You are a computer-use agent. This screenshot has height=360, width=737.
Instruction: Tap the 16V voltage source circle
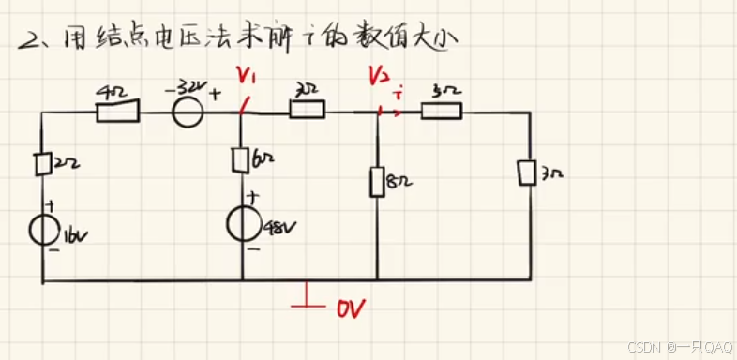[x=43, y=229]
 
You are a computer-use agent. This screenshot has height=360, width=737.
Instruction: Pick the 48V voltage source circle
[x=242, y=225]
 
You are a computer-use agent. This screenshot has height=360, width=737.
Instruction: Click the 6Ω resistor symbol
[x=240, y=160]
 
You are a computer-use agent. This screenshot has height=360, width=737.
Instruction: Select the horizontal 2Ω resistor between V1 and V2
[x=307, y=111]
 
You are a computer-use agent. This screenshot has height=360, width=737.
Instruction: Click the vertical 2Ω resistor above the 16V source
[x=43, y=164]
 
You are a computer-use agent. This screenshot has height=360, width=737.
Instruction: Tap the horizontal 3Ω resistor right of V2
[x=441, y=112]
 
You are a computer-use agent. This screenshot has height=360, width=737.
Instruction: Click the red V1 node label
[x=246, y=74]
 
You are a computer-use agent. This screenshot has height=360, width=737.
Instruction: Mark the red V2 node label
[x=378, y=74]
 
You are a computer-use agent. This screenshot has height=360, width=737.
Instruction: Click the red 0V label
[x=349, y=307]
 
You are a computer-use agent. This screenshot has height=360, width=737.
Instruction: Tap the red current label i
[x=399, y=94]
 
